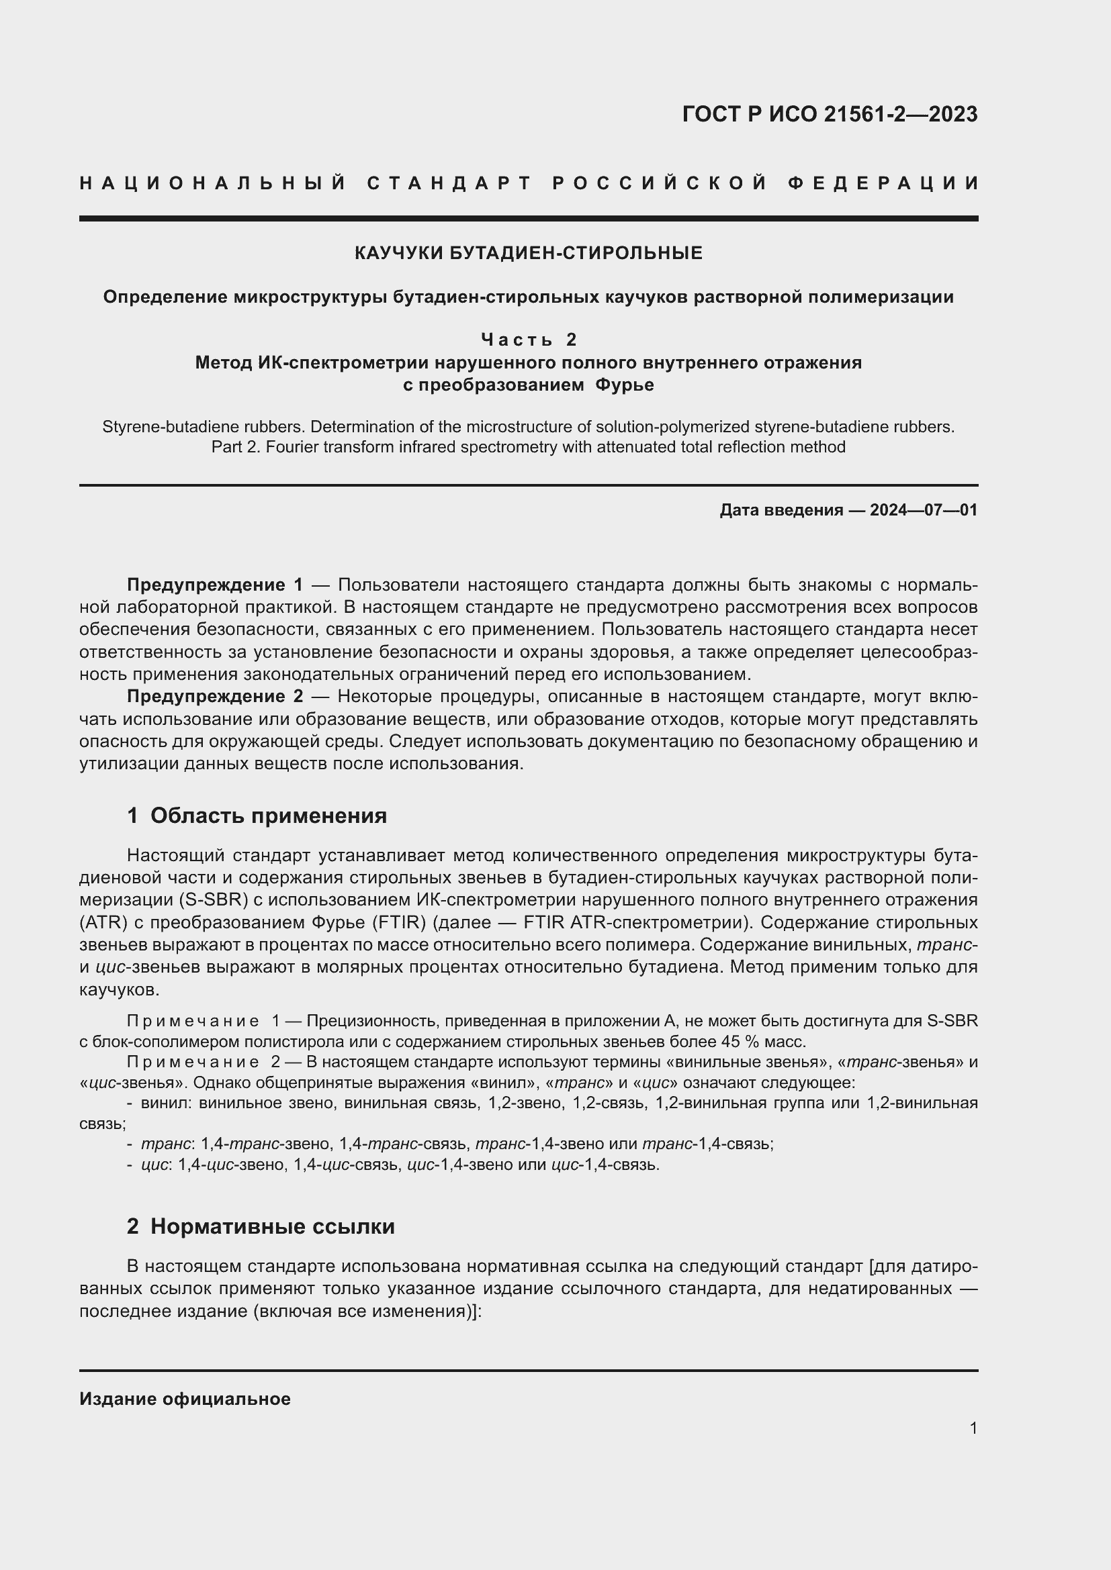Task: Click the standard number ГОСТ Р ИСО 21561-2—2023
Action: pyautogui.click(x=829, y=114)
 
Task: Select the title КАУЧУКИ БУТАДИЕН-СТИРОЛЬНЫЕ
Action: pyautogui.click(x=528, y=253)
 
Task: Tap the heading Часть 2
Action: pyautogui.click(x=528, y=339)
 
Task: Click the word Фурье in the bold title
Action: pyautogui.click(x=624, y=385)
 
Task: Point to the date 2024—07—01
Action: pyautogui.click(x=923, y=510)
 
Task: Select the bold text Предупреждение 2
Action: pyautogui.click(x=215, y=696)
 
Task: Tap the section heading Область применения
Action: pyautogui.click(x=268, y=816)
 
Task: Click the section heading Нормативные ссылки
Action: pyautogui.click(x=272, y=1226)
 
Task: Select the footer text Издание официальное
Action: pyautogui.click(x=185, y=1398)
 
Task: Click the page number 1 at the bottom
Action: pyautogui.click(x=973, y=1428)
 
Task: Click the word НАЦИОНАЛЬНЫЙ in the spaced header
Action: pyautogui.click(x=213, y=183)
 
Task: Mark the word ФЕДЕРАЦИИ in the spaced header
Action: pyautogui.click(x=883, y=183)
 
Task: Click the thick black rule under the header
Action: pyautogui.click(x=528, y=219)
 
